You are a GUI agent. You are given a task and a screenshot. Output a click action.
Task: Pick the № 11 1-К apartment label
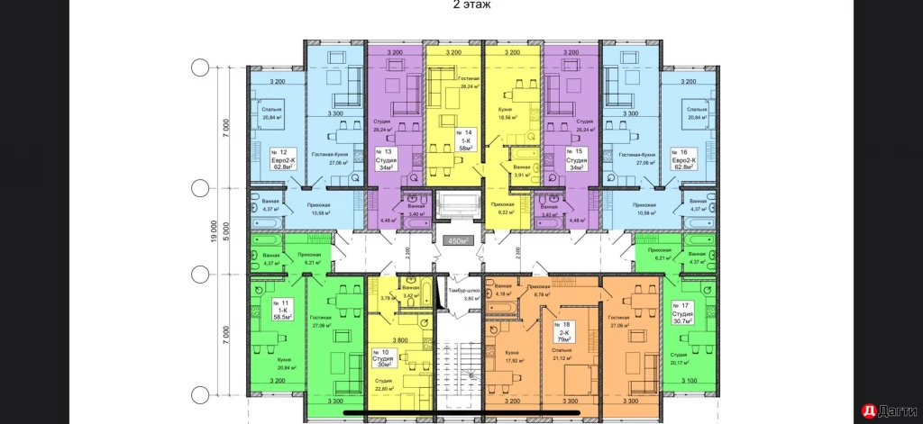point(284,311)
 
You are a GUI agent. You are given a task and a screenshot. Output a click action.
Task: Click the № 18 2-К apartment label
point(566,332)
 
